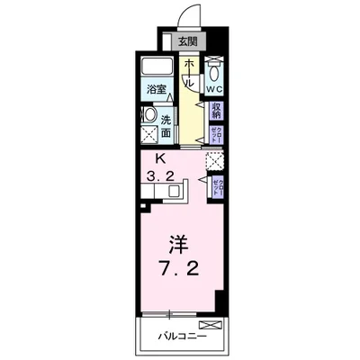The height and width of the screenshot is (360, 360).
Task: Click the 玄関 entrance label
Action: [x=185, y=40]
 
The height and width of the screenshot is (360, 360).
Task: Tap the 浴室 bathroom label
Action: [x=158, y=89]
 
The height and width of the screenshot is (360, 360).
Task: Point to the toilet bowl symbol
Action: [x=214, y=71]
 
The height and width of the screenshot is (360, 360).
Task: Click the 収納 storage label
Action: [x=216, y=110]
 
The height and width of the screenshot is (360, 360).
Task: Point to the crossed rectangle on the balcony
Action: [x=208, y=323]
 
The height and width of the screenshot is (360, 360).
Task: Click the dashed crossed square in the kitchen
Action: [x=214, y=162]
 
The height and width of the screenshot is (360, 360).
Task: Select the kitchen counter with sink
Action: [x=176, y=190]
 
